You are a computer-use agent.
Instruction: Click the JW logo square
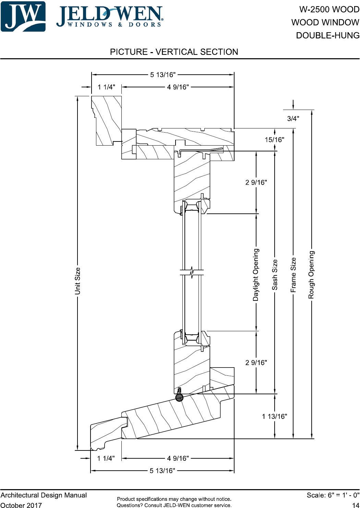[23, 16]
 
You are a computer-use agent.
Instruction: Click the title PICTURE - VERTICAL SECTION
[174, 52]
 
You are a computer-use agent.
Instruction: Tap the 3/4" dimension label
[293, 119]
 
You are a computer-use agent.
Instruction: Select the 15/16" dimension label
[274, 140]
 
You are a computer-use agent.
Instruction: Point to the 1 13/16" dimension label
[274, 417]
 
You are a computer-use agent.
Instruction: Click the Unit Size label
[77, 281]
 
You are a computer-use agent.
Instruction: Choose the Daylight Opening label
[256, 275]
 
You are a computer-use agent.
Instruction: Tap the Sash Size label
[275, 275]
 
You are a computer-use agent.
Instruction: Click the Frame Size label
[293, 275]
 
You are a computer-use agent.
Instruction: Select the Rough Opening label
[311, 275]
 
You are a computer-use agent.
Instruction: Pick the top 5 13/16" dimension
[163, 75]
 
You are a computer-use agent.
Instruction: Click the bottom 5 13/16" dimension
[162, 471]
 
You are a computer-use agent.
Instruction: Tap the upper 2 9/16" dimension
[256, 182]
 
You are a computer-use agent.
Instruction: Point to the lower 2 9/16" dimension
[256, 363]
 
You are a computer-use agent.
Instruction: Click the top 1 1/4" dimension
[106, 87]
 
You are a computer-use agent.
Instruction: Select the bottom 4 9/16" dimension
[178, 458]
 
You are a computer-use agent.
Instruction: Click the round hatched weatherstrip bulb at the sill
[179, 398]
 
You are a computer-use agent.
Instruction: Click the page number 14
[356, 505]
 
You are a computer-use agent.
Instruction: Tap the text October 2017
[21, 505]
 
